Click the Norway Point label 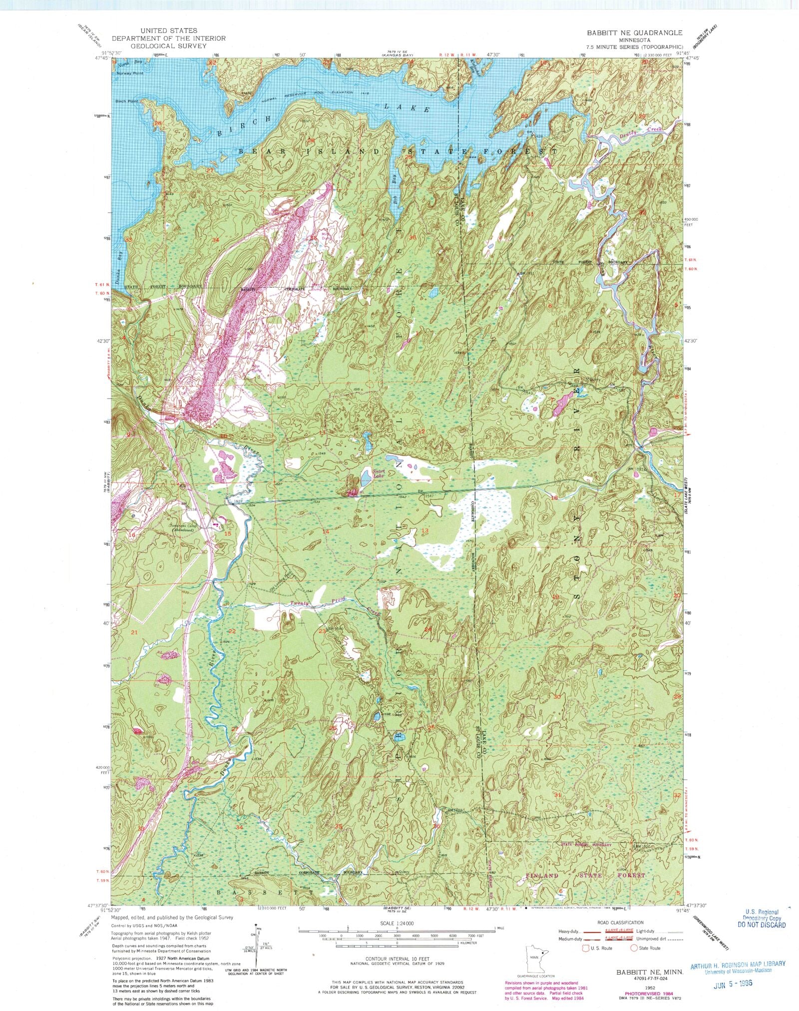point(130,73)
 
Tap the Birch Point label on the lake point(127,101)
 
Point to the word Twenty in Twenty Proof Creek point(300,603)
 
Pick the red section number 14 point(326,531)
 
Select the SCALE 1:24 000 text point(395,924)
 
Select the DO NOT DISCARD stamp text point(761,925)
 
